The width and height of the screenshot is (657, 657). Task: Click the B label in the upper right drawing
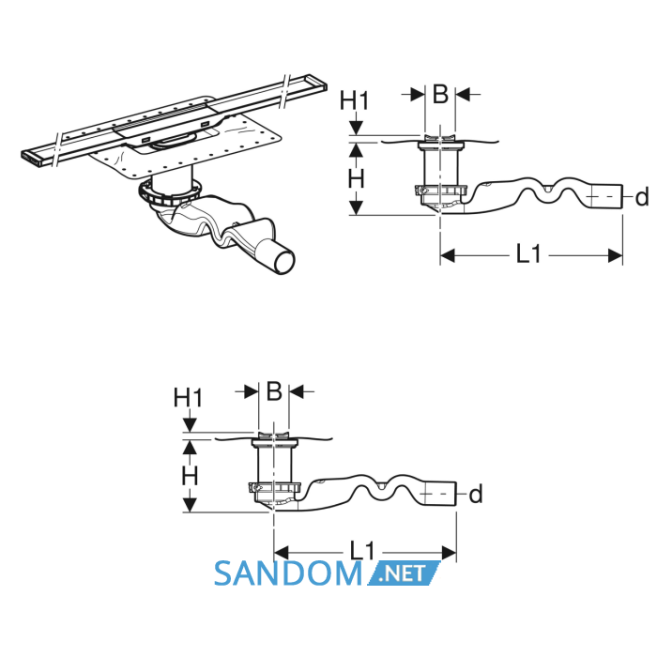click(x=440, y=94)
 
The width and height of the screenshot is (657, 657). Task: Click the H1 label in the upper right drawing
click(x=354, y=100)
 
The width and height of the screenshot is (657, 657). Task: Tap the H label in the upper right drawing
click(x=356, y=179)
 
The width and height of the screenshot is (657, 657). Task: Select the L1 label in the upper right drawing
click(x=528, y=254)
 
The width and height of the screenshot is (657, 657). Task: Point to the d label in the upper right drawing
click(x=641, y=197)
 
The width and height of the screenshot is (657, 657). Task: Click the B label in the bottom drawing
click(x=274, y=391)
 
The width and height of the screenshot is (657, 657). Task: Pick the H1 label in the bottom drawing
click(x=188, y=398)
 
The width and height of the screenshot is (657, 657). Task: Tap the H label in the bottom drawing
click(x=190, y=476)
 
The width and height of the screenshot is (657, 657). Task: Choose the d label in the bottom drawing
click(x=476, y=494)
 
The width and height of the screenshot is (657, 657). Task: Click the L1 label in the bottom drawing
click(x=362, y=551)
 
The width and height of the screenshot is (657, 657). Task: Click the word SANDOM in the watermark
click(x=288, y=573)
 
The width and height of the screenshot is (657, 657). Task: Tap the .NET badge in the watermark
click(x=404, y=573)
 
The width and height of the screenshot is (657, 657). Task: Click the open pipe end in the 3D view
click(x=283, y=262)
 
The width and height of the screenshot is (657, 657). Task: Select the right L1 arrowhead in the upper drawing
click(x=615, y=255)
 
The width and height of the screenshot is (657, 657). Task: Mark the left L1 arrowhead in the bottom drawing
click(x=282, y=552)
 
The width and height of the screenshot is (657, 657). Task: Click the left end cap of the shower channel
click(x=31, y=160)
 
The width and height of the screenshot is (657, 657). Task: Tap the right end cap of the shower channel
click(x=317, y=83)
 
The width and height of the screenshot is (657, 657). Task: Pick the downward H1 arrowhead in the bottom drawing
click(x=190, y=426)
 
